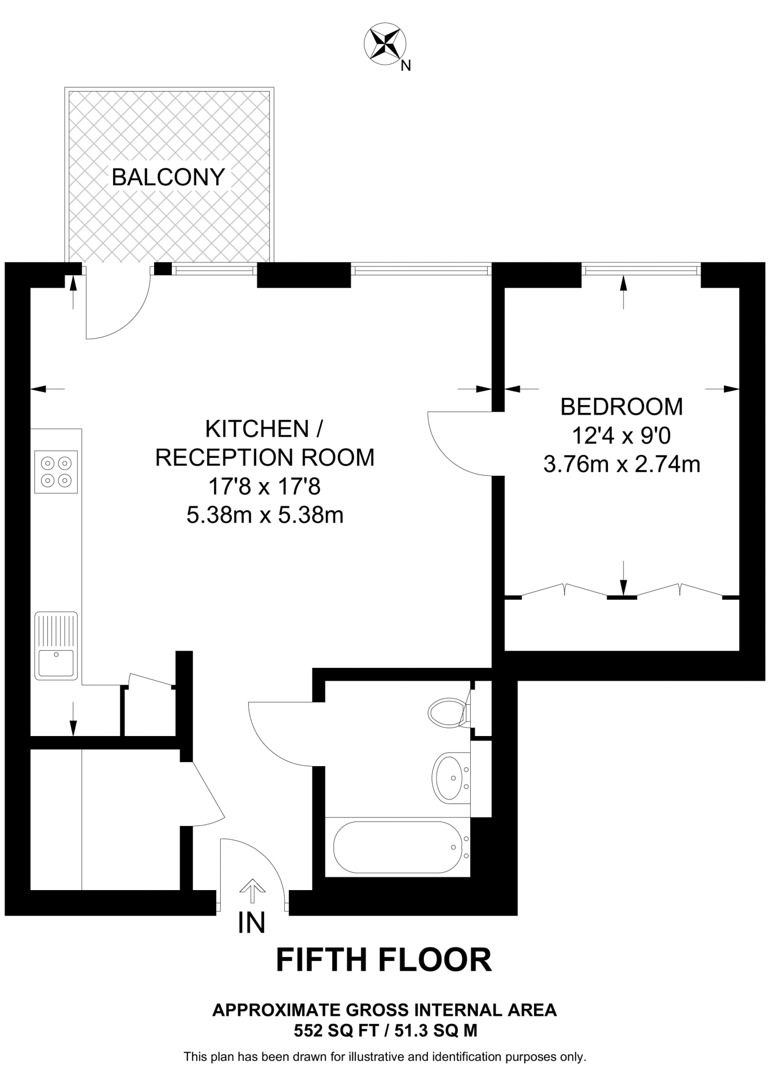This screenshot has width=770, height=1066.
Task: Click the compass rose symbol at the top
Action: coord(385,44)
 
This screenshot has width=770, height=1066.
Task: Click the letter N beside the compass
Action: coord(406,66)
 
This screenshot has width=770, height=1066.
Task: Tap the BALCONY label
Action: coord(168,177)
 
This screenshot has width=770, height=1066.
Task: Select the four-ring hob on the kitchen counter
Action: coord(56,472)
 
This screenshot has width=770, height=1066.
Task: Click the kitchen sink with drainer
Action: coord(56,645)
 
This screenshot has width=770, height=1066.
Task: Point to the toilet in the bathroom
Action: coord(447,711)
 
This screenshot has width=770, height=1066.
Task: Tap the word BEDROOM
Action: coord(621,407)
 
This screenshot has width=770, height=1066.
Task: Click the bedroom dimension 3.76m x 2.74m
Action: coord(621,464)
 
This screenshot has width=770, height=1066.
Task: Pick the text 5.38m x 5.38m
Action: coord(265,515)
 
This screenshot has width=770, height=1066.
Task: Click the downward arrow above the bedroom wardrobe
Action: coord(623,578)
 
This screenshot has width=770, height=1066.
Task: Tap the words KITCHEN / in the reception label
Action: coord(264,429)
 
